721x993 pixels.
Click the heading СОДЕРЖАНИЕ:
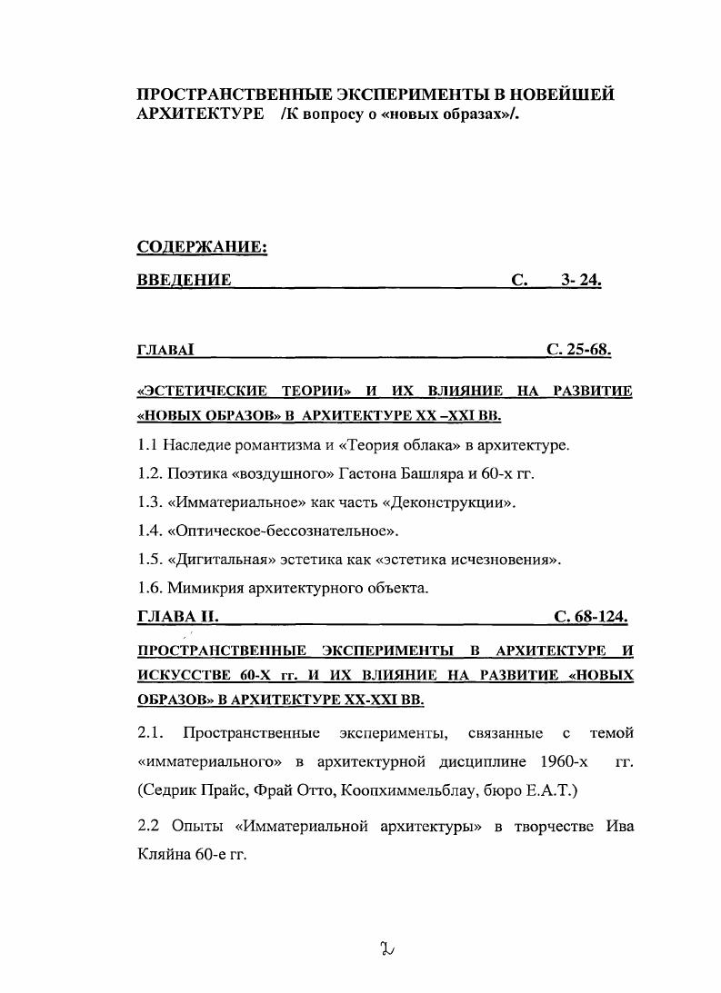(x=201, y=248)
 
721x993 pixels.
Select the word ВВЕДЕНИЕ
(x=183, y=281)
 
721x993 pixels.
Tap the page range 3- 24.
(x=581, y=281)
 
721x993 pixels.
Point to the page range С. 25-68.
(x=578, y=349)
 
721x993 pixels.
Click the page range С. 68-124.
(x=591, y=617)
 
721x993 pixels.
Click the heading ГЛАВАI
(x=165, y=350)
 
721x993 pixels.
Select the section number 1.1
(x=148, y=445)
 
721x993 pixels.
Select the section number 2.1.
(x=151, y=732)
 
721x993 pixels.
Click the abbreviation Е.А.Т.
(x=552, y=789)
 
